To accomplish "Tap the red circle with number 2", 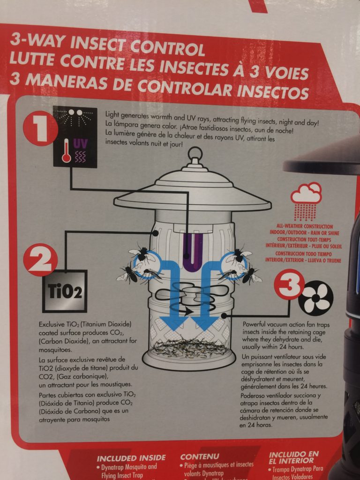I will click(40, 260).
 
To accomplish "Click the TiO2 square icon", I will click(65, 291).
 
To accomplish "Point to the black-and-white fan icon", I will click(315, 297).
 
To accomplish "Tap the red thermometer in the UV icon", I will click(67, 150).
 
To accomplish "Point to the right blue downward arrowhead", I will click(204, 324).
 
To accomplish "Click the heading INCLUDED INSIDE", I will click(131, 457).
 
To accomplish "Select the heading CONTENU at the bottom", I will click(201, 456).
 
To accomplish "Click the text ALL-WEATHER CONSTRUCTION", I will click(305, 226).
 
